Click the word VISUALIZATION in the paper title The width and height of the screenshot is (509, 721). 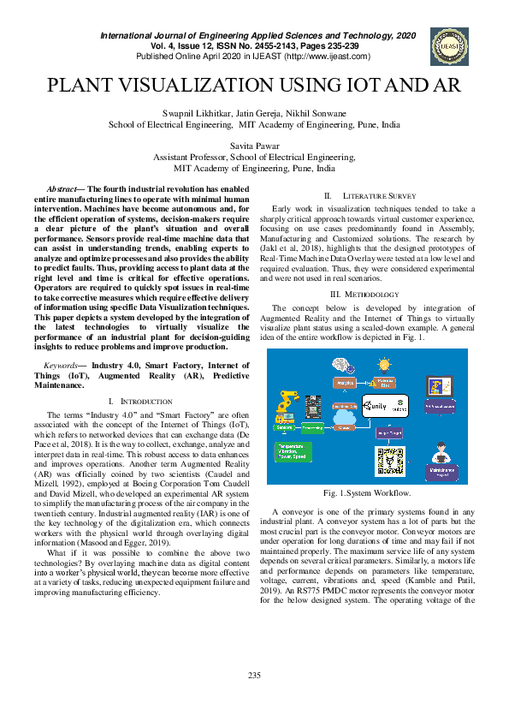[x=204, y=86]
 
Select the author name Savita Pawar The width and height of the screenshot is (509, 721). [x=254, y=146]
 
